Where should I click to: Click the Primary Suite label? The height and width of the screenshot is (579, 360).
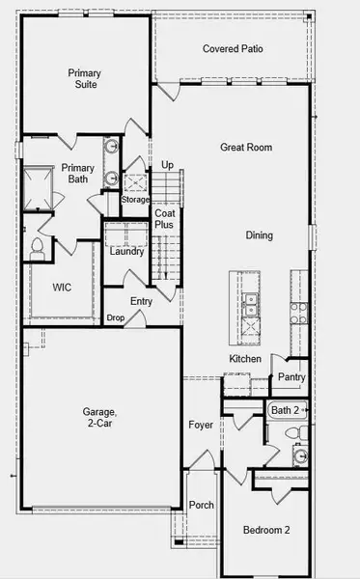[x=85, y=78]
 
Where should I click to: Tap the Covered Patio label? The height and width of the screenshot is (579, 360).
[x=233, y=49]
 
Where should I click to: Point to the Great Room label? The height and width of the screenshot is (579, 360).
[x=245, y=148]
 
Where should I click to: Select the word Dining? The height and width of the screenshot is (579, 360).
[x=259, y=234]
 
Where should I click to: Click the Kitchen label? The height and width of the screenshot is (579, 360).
[x=245, y=359]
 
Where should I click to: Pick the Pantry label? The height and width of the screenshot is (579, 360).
[x=291, y=377]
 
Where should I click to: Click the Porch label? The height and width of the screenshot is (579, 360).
[x=202, y=505]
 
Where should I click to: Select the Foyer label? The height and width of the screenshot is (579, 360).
[x=201, y=424]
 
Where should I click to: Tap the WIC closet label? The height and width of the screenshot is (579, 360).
[x=63, y=287]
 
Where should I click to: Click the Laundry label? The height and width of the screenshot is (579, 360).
[x=126, y=252]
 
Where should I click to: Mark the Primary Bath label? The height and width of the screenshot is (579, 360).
[x=78, y=174]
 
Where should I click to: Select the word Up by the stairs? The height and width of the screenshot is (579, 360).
[x=168, y=165]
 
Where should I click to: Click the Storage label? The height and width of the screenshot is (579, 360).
[x=135, y=200]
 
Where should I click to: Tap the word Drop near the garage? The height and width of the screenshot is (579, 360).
[x=116, y=317]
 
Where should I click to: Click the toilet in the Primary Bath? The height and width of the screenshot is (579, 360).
[x=38, y=247]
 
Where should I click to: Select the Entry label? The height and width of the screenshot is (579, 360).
[x=141, y=302]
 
